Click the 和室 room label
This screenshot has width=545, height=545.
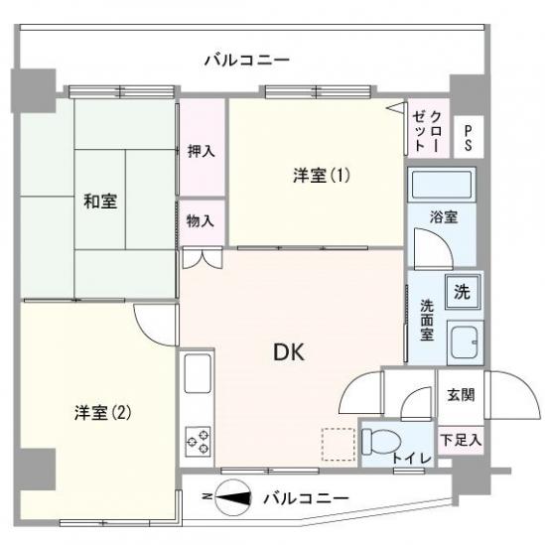(x=99, y=202)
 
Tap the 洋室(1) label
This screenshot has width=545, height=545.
(x=321, y=176)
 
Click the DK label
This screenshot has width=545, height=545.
(x=289, y=351)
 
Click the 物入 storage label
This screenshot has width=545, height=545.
(x=202, y=221)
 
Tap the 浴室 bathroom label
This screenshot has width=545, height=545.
(x=443, y=216)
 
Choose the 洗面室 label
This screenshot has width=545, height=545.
(x=426, y=321)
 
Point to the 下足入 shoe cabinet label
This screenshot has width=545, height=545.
(x=461, y=438)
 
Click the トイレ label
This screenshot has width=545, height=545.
(x=410, y=457)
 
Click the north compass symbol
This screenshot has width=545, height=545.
(x=231, y=496)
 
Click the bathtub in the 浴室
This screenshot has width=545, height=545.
(x=443, y=185)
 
